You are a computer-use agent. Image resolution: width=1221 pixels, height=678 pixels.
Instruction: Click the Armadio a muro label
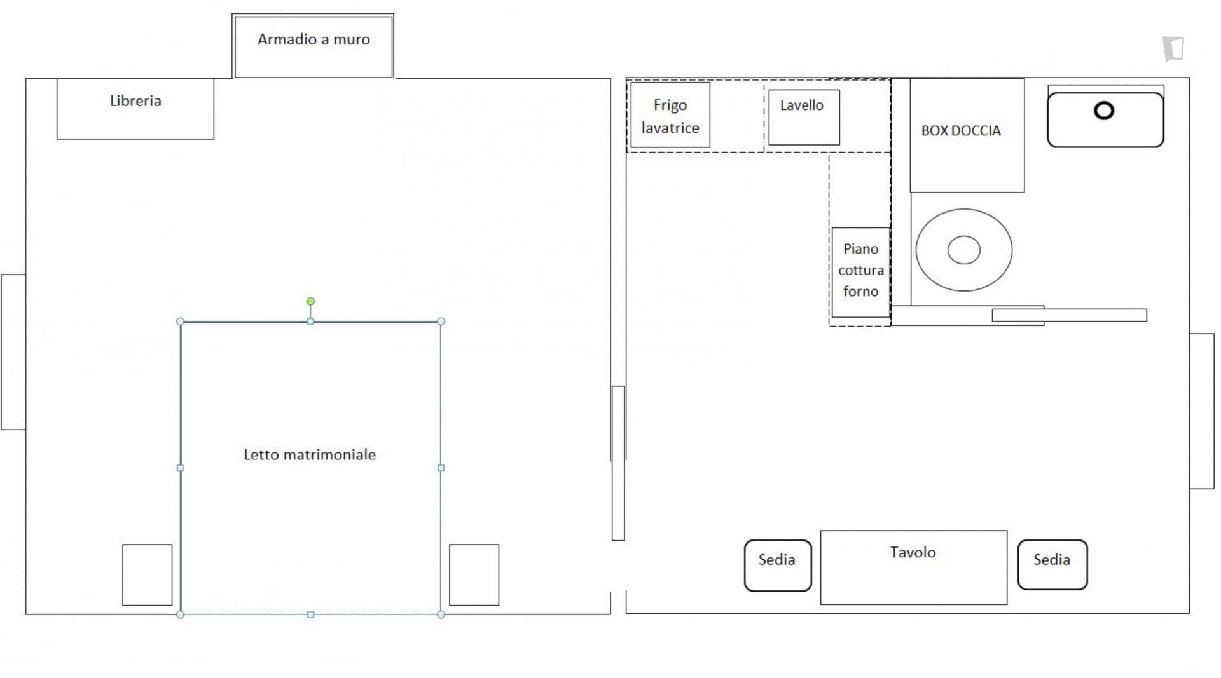[314, 39]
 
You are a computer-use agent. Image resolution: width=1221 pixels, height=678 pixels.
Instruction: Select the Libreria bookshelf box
[135, 108]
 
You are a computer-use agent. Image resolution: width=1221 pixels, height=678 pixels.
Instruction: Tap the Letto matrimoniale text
[310, 454]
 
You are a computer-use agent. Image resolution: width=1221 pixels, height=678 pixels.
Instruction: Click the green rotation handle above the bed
[310, 301]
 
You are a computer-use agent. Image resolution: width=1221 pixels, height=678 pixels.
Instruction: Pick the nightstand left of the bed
[148, 574]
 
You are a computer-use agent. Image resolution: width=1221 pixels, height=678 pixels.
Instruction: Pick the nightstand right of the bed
[474, 574]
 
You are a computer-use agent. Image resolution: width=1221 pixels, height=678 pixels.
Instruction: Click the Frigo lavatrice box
[670, 115]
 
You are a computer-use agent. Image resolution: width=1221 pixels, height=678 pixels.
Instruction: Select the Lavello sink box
[804, 117]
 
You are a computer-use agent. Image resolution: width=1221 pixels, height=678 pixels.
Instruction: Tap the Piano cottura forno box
[860, 272]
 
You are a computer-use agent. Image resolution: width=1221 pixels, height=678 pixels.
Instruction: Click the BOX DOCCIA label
[961, 130]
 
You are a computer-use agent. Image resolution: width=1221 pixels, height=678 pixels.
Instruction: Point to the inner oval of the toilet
[964, 250]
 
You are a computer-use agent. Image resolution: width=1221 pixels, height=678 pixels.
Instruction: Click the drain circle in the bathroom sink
[1104, 111]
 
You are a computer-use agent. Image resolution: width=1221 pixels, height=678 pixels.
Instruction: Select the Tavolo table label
[913, 552]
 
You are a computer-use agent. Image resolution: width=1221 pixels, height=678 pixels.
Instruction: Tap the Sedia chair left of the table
[778, 566]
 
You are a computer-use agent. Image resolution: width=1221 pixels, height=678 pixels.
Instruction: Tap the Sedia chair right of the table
[1052, 565]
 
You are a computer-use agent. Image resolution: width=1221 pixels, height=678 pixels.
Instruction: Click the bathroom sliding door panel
[1069, 315]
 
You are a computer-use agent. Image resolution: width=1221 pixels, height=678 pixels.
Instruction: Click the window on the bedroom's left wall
[13, 352]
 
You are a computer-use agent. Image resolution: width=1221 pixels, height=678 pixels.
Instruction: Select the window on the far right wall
[1202, 411]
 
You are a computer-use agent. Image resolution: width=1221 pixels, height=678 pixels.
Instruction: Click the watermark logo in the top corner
[1174, 49]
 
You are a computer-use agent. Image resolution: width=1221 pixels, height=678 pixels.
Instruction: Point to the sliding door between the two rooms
[618, 463]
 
